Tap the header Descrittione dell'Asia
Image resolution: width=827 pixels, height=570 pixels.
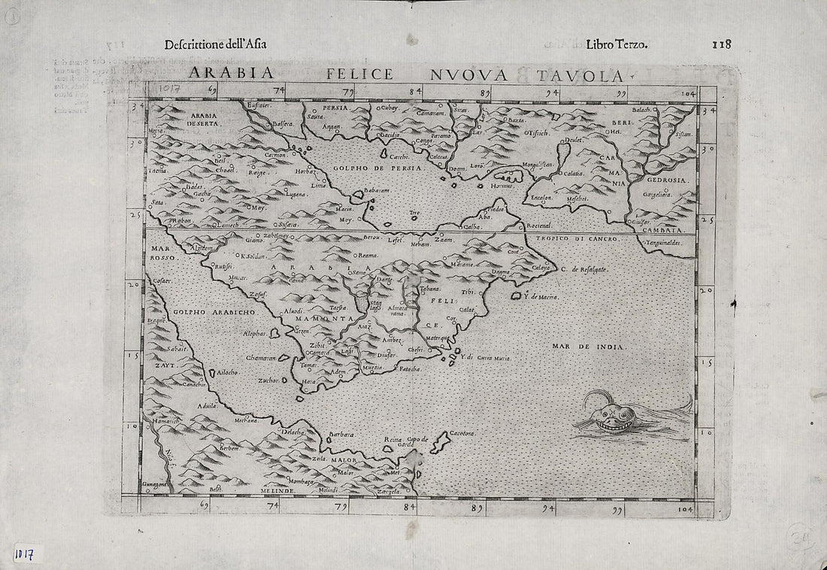click(215, 43)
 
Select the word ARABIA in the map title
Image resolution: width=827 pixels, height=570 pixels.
click(225, 75)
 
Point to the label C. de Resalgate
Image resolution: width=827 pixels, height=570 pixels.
click(583, 268)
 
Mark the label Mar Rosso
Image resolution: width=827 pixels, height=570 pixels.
click(162, 252)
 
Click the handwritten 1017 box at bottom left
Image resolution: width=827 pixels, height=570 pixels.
click(26, 555)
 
